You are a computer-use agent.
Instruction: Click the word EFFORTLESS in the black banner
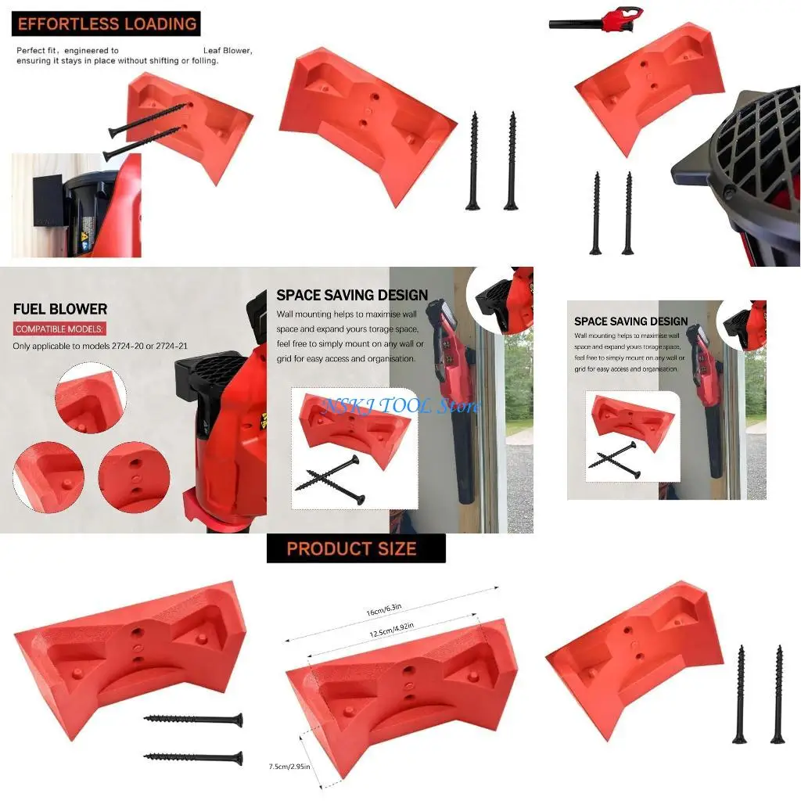tap(68, 23)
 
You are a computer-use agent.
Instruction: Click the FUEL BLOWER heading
tap(60, 309)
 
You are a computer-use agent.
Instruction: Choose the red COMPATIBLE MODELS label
tap(59, 329)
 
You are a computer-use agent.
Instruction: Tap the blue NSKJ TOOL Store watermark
tap(401, 406)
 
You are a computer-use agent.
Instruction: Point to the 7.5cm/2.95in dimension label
tap(289, 766)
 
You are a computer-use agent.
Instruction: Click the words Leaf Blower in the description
tap(227, 50)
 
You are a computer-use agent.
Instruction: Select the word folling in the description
tap(203, 60)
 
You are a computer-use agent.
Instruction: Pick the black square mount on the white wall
tap(49, 202)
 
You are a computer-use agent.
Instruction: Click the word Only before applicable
tap(23, 346)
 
